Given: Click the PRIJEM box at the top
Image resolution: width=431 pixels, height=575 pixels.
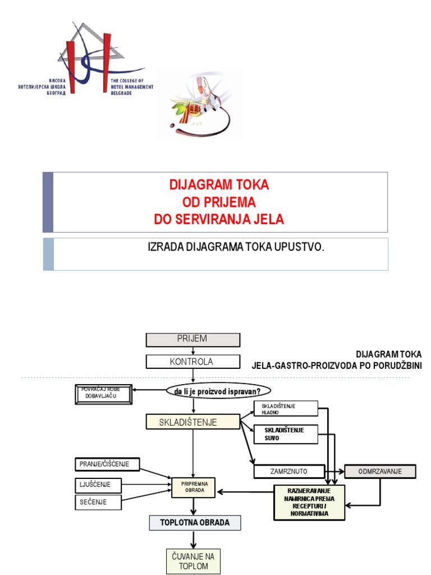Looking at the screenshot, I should coord(192,339).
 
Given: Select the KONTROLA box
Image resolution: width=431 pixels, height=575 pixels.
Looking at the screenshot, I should coord(192,362).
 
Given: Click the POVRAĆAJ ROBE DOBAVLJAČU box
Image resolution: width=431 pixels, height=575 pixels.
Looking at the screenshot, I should coord(104,394).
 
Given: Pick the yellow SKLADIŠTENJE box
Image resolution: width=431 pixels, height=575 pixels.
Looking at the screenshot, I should coord(192,422).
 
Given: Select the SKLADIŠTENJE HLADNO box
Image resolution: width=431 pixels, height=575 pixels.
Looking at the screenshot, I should coord(286,408).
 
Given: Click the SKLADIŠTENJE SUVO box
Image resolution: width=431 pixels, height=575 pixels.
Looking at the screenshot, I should coord(286,433).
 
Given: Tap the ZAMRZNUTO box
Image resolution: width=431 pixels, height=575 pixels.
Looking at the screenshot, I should coord(289,472).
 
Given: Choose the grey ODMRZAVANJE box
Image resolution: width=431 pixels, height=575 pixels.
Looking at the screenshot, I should coord(380,472).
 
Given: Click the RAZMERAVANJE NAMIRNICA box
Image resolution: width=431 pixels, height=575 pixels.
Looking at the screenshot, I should coord(309,502).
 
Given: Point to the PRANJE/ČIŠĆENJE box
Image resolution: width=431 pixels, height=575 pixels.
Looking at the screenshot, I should coord(107,464).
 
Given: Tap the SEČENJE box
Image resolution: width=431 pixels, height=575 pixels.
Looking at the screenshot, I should coord(98,502).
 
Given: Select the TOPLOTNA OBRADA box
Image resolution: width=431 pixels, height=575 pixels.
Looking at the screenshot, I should coord(195,523).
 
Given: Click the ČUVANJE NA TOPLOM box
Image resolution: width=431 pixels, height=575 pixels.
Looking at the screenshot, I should coord(193,561).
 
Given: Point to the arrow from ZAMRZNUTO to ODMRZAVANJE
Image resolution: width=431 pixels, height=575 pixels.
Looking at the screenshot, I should coord(334,472).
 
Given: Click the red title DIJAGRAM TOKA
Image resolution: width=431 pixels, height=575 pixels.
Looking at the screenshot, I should coord(219,184).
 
